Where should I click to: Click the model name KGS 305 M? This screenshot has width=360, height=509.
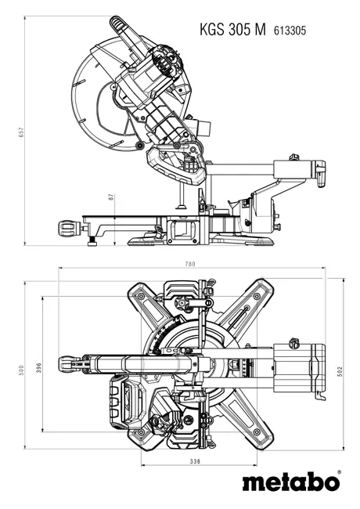coord(232,30)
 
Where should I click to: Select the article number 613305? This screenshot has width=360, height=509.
coord(290,31)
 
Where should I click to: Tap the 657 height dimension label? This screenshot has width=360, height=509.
coord(21,132)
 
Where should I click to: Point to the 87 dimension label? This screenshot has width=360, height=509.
coord(111,197)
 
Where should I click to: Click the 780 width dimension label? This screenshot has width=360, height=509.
coord(190,264)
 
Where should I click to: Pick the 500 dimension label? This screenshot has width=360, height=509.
coord(21,370)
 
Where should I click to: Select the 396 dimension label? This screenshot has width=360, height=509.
coord(39,368)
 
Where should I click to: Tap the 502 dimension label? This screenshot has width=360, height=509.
coord(340,371)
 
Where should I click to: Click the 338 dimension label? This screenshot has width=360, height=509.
coord(195,461)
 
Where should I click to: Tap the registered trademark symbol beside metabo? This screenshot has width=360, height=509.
coord(339,471)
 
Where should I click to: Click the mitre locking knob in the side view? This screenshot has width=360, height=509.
coord(69,229)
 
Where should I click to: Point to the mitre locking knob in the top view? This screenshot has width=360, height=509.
coord(70,364)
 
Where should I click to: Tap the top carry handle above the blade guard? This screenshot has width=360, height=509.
coord(126,35)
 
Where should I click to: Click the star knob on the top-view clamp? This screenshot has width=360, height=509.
coord(181,304)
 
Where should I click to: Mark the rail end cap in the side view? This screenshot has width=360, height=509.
coord(320,173)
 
